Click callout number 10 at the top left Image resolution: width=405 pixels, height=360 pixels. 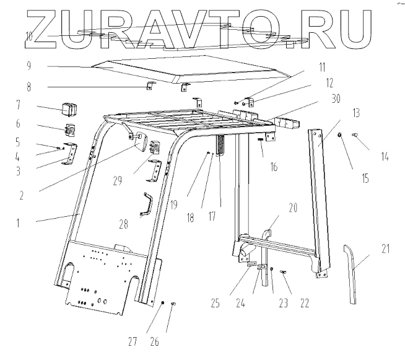28,35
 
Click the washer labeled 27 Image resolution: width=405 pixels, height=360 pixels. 160,304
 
